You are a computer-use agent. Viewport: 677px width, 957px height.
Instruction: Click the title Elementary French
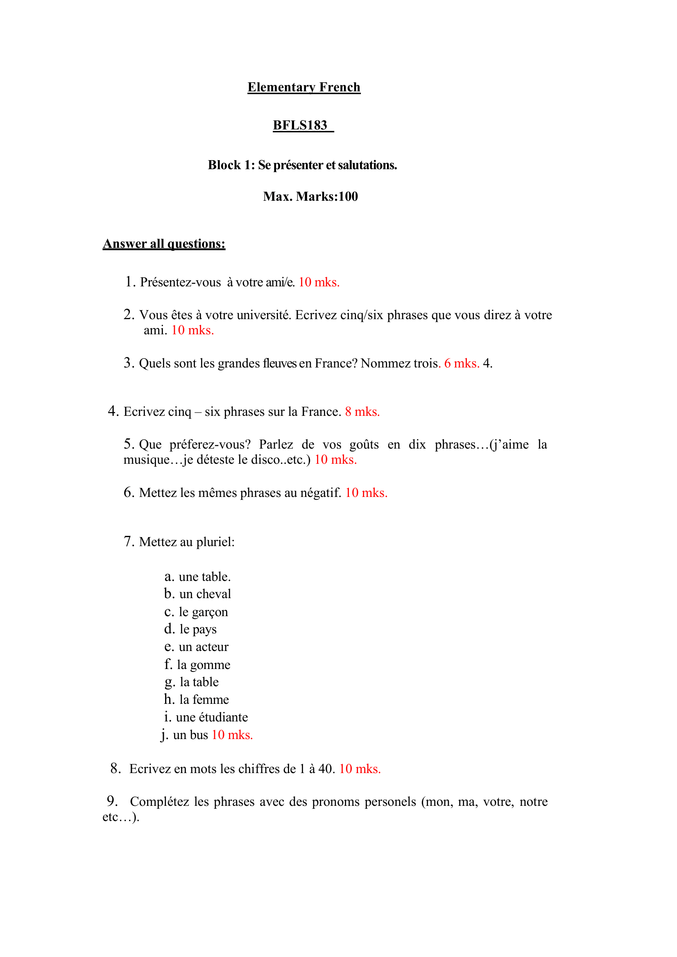coord(303,87)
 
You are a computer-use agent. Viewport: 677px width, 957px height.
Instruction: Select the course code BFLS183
coord(300,125)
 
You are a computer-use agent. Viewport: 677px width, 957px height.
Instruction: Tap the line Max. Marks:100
coord(310,196)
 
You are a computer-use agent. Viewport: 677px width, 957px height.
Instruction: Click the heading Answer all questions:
coord(164,243)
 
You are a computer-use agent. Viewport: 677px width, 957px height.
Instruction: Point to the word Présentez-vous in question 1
coord(180,282)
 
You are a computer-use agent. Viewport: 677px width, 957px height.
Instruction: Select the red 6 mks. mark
coord(462,363)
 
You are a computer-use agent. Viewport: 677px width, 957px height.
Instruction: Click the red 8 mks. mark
coord(362,412)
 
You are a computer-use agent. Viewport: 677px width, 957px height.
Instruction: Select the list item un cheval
coord(205,594)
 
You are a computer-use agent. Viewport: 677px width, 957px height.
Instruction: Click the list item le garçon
coord(203,612)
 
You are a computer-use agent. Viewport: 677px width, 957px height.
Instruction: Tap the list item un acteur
coord(204,647)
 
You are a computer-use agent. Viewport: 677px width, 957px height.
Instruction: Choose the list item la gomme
coord(204,664)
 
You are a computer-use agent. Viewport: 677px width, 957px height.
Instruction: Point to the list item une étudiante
coord(212,717)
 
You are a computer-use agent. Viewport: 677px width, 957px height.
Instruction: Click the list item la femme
coord(204,699)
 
